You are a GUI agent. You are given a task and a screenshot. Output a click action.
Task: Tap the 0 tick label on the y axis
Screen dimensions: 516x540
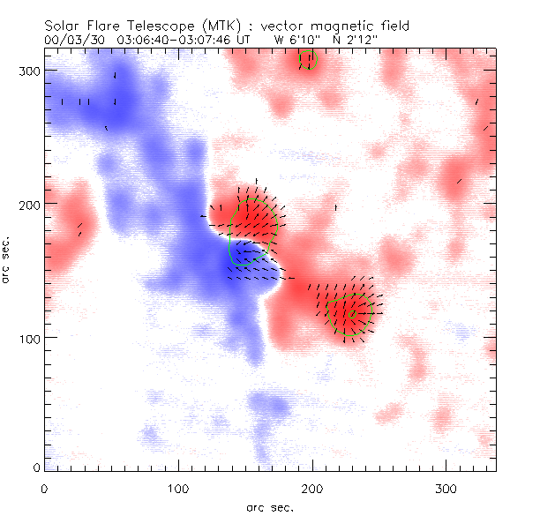[x=35, y=467]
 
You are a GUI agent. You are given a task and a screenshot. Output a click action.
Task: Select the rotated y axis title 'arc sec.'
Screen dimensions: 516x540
[x=8, y=260]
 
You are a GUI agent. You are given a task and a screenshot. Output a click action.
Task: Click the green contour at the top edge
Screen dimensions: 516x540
[x=307, y=60]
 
